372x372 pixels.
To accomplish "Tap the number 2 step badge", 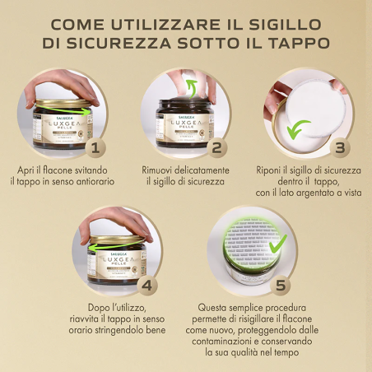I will coord(216,149).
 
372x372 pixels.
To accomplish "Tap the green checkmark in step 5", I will coord(278,242).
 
